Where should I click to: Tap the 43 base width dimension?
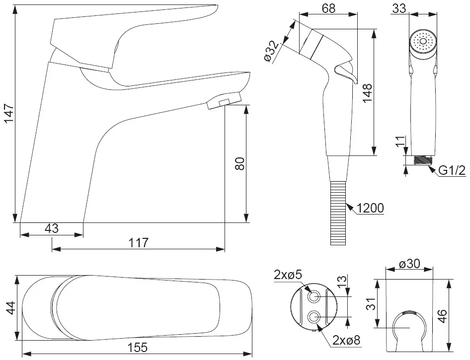click(52, 228)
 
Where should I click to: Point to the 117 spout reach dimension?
click(139, 243)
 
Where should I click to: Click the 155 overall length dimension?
click(138, 348)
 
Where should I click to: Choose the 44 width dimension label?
click(11, 307)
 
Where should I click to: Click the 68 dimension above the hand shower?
click(328, 8)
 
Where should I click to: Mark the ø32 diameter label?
click(272, 52)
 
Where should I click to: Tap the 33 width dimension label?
click(399, 8)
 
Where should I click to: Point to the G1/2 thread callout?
click(452, 170)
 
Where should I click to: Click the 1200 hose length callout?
click(371, 208)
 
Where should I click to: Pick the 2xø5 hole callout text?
click(288, 275)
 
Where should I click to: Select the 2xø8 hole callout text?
click(346, 340)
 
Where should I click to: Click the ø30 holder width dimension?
click(409, 264)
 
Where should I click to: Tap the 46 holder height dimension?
click(442, 316)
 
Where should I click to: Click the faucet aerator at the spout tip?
click(224, 101)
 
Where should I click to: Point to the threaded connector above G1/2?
click(422, 160)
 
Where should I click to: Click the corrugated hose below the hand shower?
click(338, 213)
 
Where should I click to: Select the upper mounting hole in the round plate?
click(314, 297)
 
